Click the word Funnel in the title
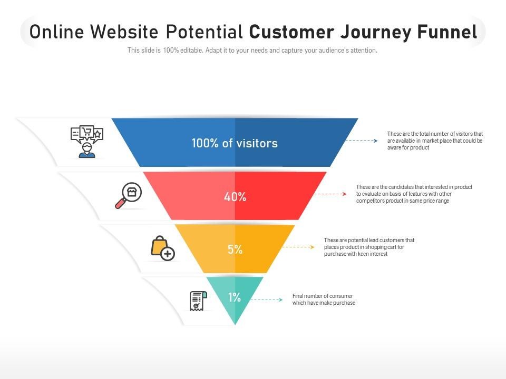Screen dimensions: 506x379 [447, 32]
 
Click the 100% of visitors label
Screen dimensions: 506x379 [235, 143]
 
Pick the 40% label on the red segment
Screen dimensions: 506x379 [235, 196]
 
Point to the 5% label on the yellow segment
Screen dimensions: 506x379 [235, 249]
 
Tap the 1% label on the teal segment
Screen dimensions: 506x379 [235, 297]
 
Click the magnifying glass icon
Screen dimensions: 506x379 [129, 195]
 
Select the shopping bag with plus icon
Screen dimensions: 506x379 [163, 248]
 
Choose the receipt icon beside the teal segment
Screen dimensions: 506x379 [198, 301]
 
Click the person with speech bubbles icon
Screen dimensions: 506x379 [87, 142]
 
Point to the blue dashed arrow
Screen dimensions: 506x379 [362, 141]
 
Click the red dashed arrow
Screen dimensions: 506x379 [330, 194]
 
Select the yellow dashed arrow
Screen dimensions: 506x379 [298, 247]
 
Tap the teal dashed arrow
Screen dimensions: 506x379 [267, 300]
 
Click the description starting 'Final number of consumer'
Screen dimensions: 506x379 [324, 300]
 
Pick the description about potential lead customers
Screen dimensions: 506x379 [369, 247]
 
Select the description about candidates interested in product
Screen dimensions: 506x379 [414, 194]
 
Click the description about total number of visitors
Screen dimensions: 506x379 [435, 141]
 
